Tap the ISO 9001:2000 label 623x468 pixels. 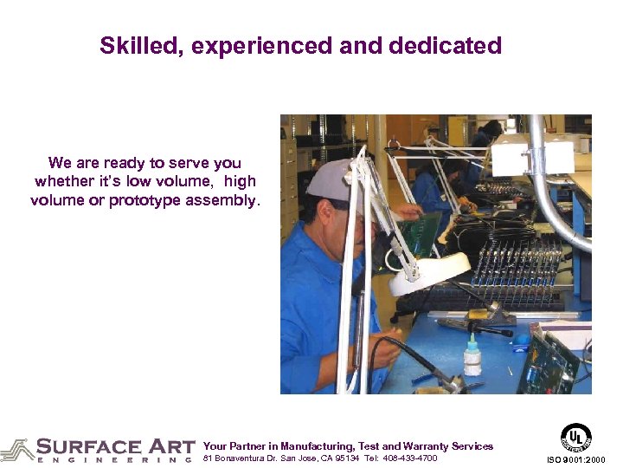pos(577,459)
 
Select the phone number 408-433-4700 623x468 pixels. pos(411,458)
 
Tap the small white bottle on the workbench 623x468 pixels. pos(472,357)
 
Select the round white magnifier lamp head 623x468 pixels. pos(428,271)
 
